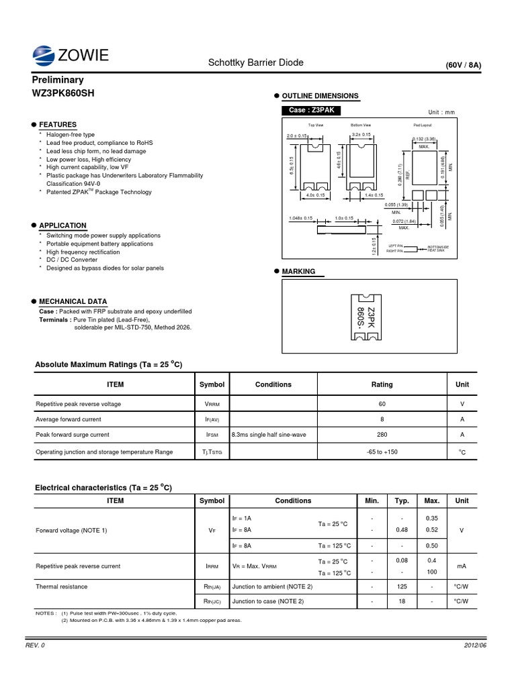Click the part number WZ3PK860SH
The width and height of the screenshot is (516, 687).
tap(64, 93)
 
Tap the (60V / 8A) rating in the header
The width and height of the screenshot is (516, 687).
tap(463, 65)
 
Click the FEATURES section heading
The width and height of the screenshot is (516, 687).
tap(58, 125)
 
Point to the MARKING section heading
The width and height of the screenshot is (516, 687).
tap(298, 272)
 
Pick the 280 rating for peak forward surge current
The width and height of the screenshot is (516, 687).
tap(382, 435)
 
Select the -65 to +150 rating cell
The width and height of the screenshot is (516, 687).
tap(382, 452)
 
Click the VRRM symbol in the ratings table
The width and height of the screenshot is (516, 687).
tap(212, 405)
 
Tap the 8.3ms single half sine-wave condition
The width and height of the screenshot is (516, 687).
tap(269, 435)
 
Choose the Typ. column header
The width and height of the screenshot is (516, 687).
tap(402, 500)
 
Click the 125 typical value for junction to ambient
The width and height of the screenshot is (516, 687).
tap(402, 586)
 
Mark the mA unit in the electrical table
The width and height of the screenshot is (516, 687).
tap(462, 566)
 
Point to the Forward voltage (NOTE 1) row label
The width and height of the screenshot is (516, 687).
tap(73, 531)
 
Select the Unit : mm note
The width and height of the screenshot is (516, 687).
tap(441, 112)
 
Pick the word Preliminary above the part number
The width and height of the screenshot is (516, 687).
tap(58, 79)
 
